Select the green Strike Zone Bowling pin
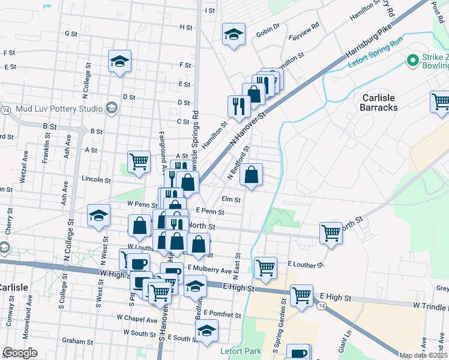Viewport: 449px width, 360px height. [x=412, y=61]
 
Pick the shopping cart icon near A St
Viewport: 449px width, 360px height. [x=139, y=161]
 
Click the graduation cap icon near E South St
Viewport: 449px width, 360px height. [x=206, y=331]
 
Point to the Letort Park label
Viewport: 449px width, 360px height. [x=240, y=350]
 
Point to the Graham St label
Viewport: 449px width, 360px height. [x=77, y=341]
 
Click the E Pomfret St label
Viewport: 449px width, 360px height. [x=222, y=314]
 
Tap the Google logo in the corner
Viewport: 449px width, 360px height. [x=20, y=352]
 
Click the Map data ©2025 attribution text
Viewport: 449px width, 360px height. [x=423, y=355]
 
